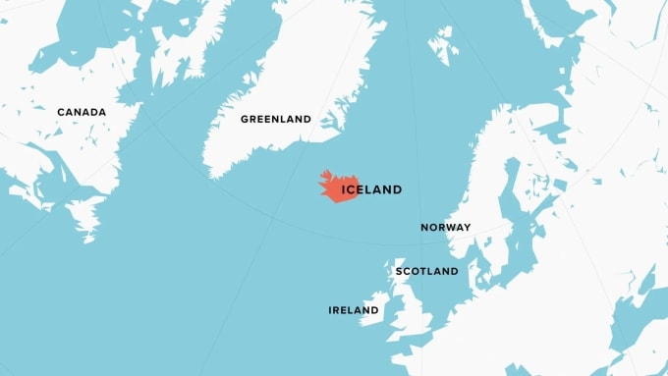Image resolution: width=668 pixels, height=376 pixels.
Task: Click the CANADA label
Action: (81, 112)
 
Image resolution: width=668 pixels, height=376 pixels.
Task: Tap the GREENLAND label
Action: (276, 119)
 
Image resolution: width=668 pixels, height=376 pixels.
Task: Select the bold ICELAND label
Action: (371, 189)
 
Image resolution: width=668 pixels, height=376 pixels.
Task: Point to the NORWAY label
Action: (446, 227)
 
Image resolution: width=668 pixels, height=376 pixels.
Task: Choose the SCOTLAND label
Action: (426, 270)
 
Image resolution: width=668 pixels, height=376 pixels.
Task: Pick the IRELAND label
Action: (354, 310)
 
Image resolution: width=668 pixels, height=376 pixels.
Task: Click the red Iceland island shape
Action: (334, 188)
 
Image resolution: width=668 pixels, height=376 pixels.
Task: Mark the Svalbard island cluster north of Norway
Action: (443, 44)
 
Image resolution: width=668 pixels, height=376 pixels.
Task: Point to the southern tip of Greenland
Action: (211, 174)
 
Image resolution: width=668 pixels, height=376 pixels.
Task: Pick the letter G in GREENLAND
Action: (245, 119)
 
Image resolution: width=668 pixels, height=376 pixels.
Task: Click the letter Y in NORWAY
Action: (467, 227)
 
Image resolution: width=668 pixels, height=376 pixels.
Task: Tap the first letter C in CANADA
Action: (60, 112)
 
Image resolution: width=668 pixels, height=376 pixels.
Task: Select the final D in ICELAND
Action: (397, 189)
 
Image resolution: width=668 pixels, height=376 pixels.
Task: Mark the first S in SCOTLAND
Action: (399, 270)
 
